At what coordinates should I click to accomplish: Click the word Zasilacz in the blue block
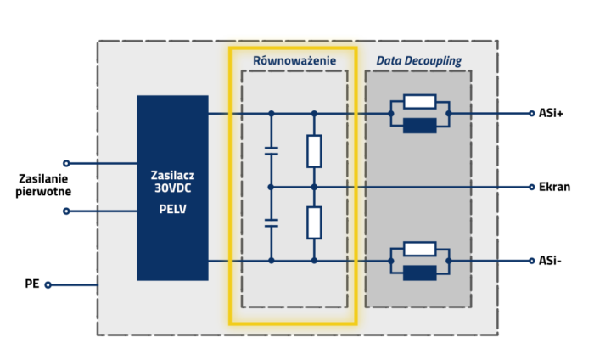(x=172, y=175)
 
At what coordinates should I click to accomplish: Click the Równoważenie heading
(x=294, y=61)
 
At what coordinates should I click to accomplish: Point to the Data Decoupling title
(x=419, y=61)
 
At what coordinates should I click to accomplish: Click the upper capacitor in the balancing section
(x=272, y=150)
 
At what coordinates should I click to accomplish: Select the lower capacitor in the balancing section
(x=272, y=223)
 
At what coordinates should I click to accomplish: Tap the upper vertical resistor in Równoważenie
(x=314, y=150)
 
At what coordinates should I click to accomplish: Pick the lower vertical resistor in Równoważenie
(x=314, y=222)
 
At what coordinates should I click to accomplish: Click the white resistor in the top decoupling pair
(x=420, y=102)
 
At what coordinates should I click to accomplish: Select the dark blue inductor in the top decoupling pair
(x=420, y=126)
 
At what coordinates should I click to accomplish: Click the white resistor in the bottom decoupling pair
(x=420, y=249)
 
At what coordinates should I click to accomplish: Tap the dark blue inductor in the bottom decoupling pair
(x=420, y=273)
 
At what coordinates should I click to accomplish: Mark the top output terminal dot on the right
(x=532, y=113)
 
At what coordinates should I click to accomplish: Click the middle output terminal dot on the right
(x=532, y=187)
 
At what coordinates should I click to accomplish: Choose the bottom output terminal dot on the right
(x=532, y=261)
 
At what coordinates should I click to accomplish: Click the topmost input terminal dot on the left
(x=66, y=163)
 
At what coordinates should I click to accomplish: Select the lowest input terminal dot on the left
(x=48, y=285)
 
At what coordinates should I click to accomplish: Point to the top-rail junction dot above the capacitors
(x=272, y=113)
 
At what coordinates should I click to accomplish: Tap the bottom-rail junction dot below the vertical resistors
(x=314, y=261)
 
